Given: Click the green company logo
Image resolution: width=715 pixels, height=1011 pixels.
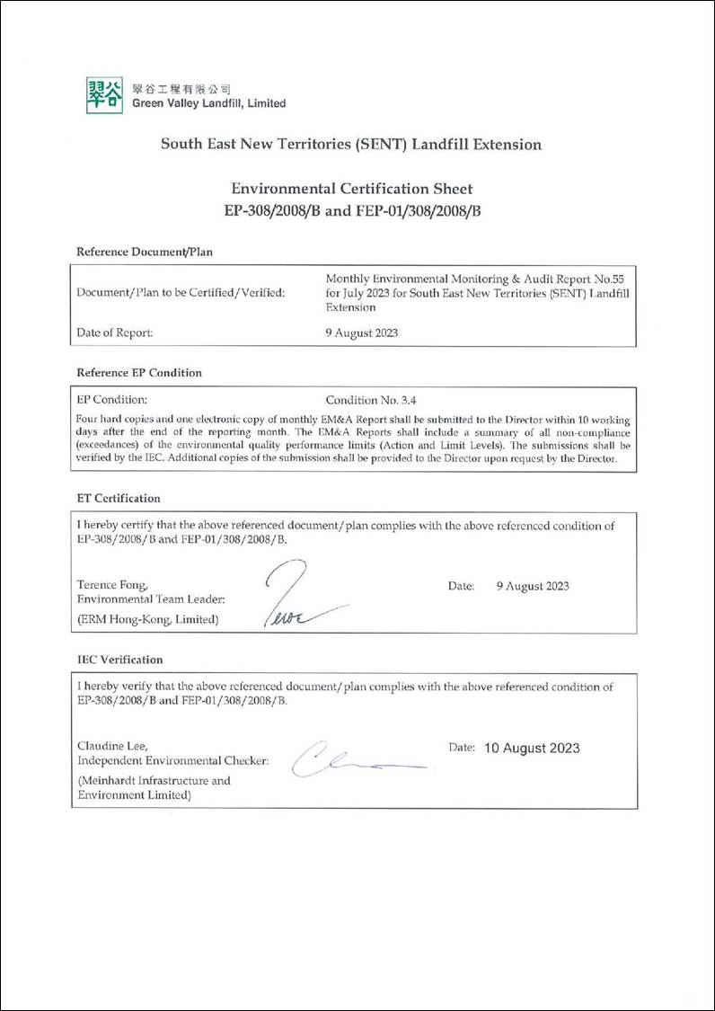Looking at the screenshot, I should [104, 95].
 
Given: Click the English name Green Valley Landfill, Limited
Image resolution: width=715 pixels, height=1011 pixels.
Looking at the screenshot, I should [208, 103].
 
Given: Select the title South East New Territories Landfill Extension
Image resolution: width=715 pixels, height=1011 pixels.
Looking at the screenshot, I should [350, 144].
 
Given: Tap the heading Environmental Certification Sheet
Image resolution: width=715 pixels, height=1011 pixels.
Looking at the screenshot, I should [351, 189].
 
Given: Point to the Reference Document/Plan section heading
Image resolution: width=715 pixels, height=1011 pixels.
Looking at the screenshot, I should [145, 252].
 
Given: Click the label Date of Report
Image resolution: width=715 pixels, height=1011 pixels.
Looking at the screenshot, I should [115, 332].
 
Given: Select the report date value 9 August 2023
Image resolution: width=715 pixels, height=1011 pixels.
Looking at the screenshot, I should [362, 332].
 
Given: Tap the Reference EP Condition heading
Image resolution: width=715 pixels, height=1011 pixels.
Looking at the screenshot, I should [139, 372].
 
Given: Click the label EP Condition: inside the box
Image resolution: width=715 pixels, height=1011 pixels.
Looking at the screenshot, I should [112, 400].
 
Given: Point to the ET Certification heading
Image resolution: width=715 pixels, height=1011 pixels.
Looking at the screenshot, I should [119, 498].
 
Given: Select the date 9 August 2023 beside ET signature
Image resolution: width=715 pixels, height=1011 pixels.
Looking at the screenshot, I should [533, 586].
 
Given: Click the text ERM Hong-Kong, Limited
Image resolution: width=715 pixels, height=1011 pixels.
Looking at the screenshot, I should [148, 619].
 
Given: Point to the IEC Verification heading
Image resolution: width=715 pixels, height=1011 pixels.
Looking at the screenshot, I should [120, 660].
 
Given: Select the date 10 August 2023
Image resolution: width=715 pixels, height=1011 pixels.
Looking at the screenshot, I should [532, 748].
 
